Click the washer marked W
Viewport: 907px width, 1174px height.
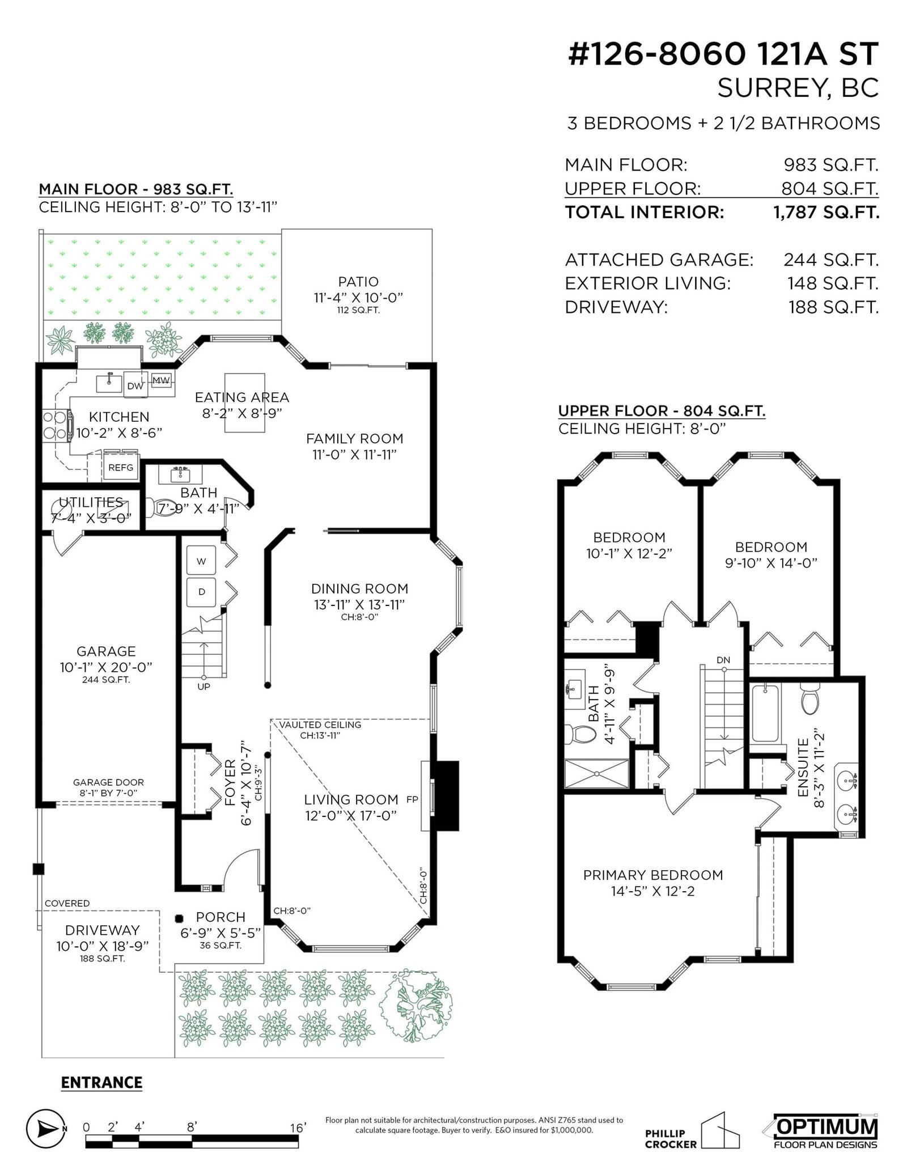coord(201,561)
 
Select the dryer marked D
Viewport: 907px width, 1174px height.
coord(201,592)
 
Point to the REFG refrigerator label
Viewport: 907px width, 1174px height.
coord(121,467)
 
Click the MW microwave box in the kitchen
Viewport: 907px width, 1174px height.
coord(162,380)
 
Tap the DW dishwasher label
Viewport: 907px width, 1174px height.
coord(135,386)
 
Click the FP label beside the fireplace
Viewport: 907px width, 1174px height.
coord(412,800)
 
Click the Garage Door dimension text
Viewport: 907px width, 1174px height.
coord(108,787)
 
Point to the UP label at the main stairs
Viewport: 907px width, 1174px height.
coord(204,686)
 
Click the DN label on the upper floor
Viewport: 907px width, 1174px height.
coord(723,660)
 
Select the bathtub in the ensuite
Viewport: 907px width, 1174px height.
coord(765,713)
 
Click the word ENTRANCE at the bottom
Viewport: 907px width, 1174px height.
coord(101,1082)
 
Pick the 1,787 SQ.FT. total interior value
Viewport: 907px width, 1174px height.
coord(826,213)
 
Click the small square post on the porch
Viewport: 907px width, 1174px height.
coord(180,918)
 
